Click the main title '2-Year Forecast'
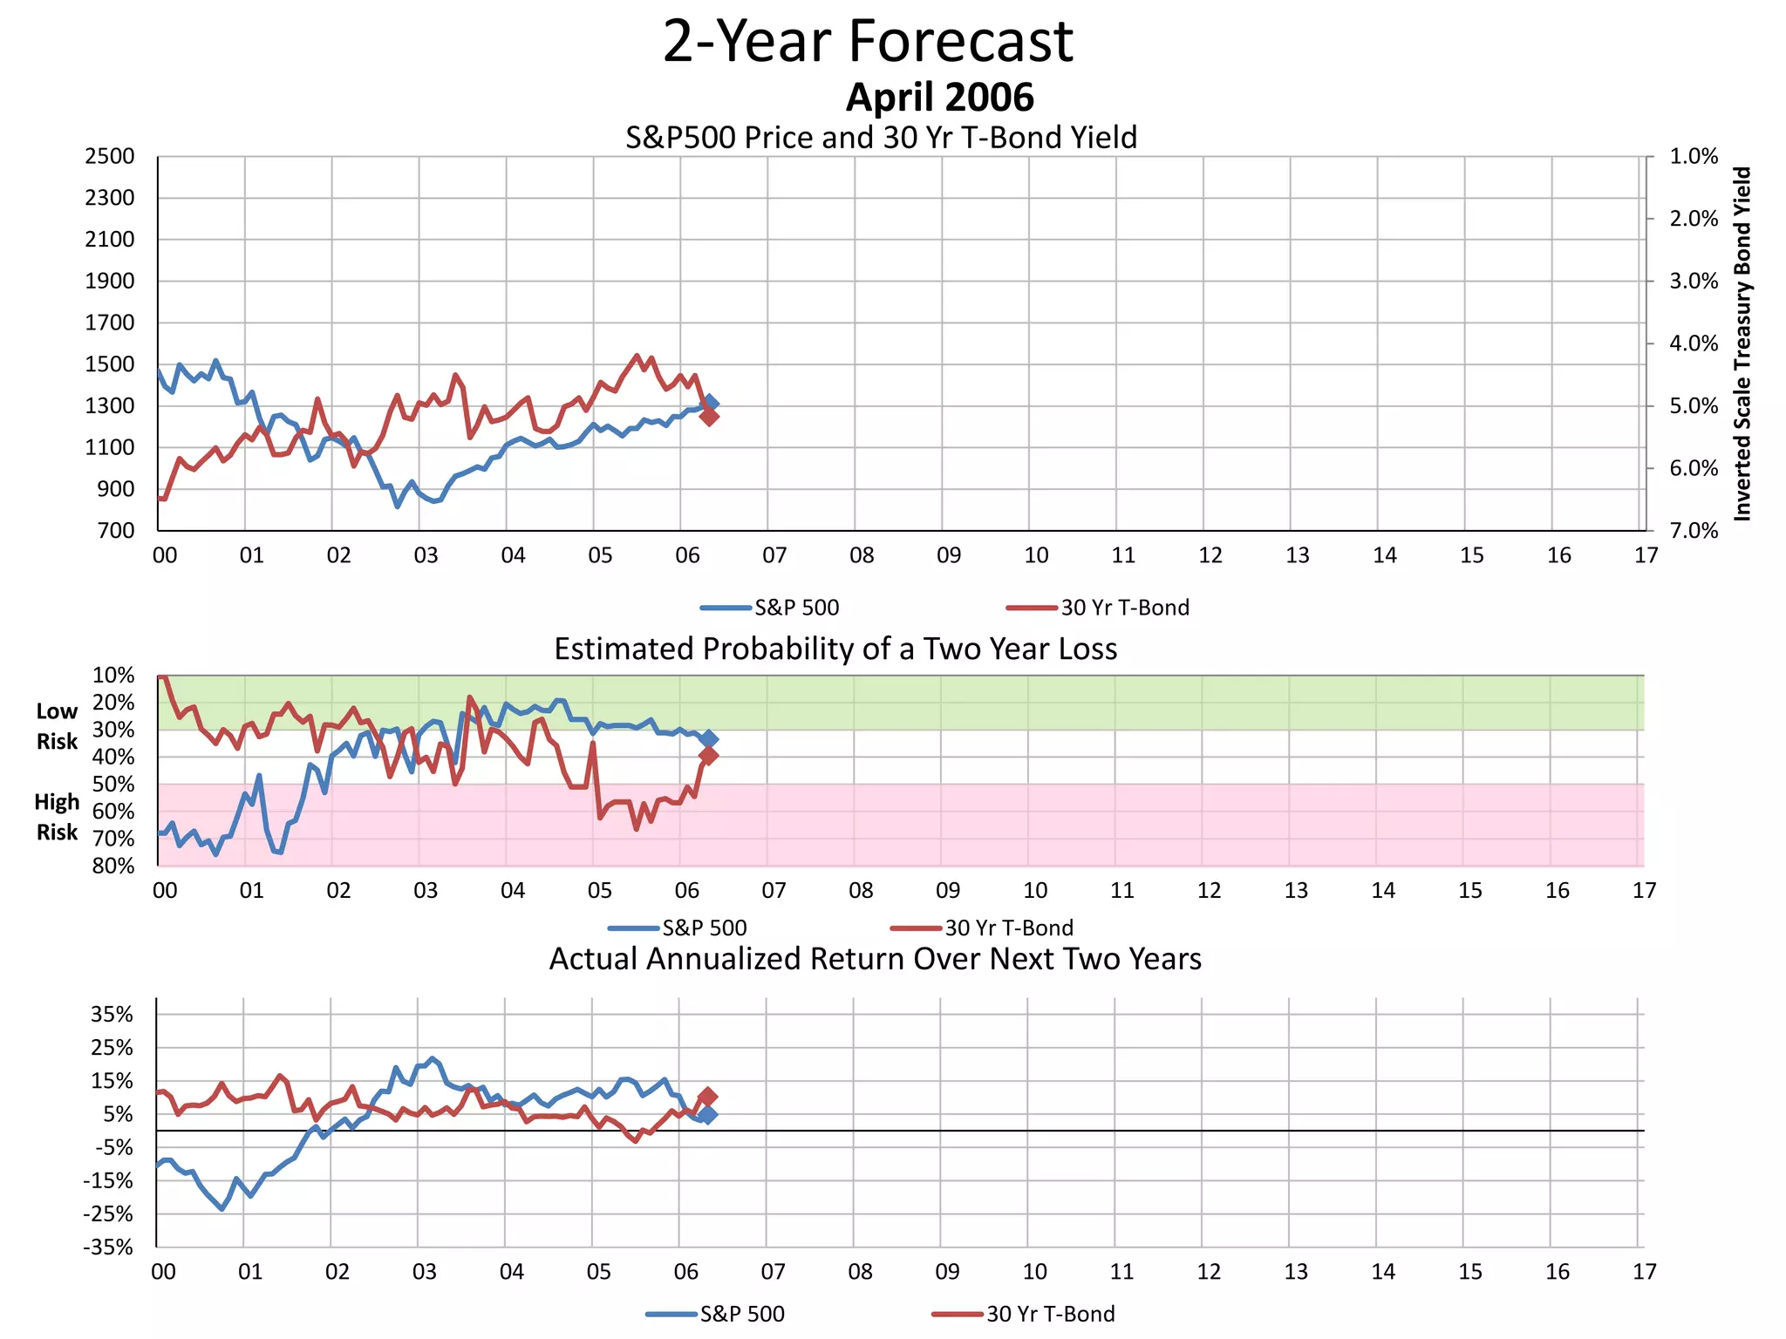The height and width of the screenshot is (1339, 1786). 868,42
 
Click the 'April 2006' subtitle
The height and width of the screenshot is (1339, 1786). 939,98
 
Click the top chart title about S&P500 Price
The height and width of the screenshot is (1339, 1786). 881,138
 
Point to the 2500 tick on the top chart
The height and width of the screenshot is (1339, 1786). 110,157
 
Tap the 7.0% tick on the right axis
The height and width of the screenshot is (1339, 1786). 1693,531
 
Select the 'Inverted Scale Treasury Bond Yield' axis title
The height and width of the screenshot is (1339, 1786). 1742,343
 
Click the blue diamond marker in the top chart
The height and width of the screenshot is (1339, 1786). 711,403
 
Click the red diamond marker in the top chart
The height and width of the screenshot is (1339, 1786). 709,417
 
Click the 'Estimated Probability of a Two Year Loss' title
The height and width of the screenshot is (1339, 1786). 835,649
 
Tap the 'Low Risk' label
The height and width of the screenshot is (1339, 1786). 58,726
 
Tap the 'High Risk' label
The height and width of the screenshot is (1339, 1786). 58,817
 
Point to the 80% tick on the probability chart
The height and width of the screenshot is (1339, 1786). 113,866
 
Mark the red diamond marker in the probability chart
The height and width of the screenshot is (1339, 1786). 708,756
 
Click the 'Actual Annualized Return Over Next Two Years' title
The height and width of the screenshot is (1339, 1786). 875,959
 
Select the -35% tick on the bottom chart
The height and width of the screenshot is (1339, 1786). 108,1247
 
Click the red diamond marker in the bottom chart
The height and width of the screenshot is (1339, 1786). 707,1097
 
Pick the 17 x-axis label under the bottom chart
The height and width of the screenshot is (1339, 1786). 1644,1272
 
